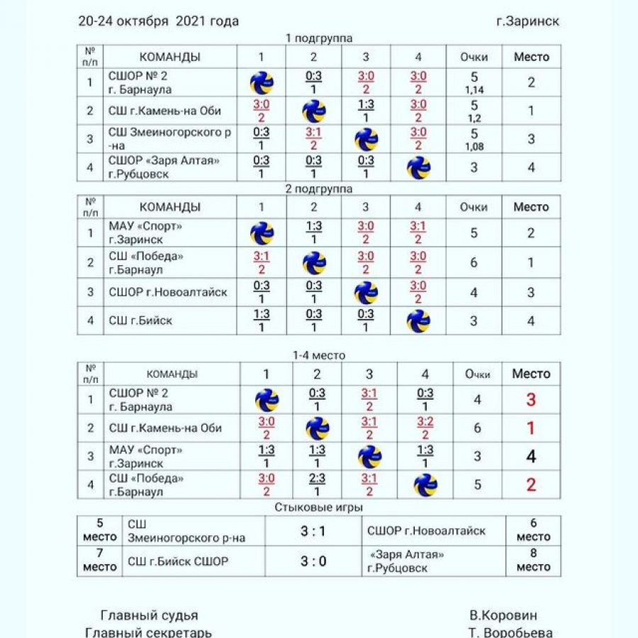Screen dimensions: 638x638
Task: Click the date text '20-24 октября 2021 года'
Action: click(158, 21)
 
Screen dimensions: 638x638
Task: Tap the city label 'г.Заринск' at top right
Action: click(528, 21)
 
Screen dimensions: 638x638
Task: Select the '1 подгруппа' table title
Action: click(319, 38)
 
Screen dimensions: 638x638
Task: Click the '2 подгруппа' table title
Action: click(319, 189)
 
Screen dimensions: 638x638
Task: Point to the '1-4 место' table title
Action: click(319, 356)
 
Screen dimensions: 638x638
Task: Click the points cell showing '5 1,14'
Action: click(474, 82)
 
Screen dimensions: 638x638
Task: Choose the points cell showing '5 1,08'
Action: click(474, 138)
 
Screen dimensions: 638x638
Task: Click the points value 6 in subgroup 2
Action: click(474, 262)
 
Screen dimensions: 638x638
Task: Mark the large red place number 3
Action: click(531, 400)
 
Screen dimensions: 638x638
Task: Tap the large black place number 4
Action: click(531, 457)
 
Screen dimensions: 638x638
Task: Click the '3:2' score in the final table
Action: click(425, 428)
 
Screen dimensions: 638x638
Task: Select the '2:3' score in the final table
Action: click(316, 485)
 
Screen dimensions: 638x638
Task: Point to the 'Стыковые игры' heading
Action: click(319, 508)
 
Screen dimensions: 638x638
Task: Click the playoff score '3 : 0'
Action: click(313, 561)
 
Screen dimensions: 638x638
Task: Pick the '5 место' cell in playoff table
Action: click(100, 530)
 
